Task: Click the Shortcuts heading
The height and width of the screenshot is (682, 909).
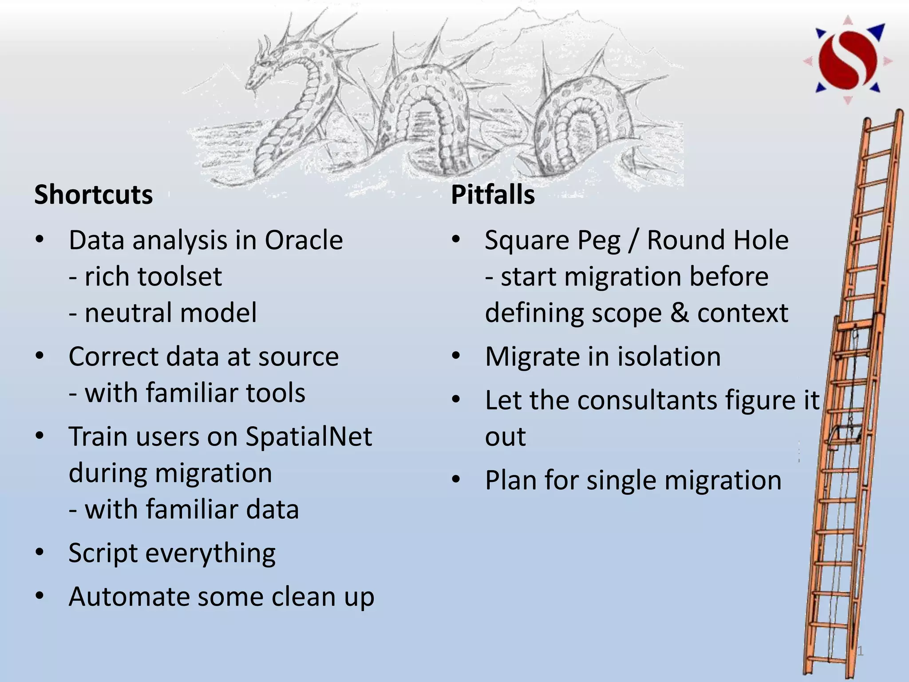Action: click(94, 195)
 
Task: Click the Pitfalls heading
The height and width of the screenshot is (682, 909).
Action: click(493, 195)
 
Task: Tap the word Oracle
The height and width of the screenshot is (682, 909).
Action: click(304, 240)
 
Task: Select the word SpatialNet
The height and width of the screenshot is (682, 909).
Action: click(308, 436)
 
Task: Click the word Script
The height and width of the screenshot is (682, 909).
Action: click(103, 553)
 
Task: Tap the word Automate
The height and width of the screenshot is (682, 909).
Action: click(129, 597)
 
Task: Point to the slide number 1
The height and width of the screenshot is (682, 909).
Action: click(860, 651)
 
